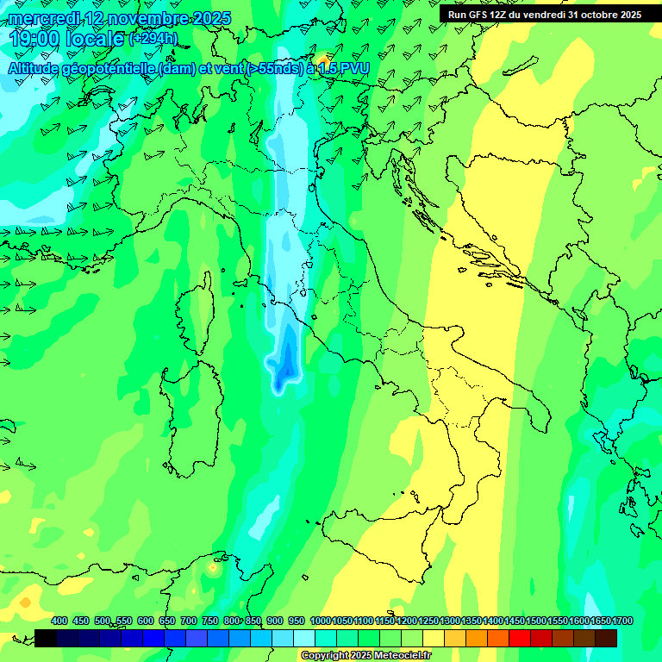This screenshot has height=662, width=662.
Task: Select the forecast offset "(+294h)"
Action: pyautogui.click(x=154, y=39)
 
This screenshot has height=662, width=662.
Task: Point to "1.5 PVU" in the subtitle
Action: pyautogui.click(x=344, y=67)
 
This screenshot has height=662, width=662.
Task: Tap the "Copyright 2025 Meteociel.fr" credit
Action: pyautogui.click(x=365, y=656)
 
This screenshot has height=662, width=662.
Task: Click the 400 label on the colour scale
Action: pyautogui.click(x=59, y=621)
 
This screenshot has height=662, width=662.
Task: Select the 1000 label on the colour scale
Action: pyautogui.click(x=320, y=621)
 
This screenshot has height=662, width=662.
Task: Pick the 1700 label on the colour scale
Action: pyautogui.click(x=600, y=621)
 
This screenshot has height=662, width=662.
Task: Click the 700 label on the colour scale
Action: pyautogui.click(x=189, y=621)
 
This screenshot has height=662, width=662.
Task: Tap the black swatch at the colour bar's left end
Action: pyautogui.click(x=46, y=638)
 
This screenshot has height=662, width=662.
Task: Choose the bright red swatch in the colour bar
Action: pyautogui.click(x=520, y=638)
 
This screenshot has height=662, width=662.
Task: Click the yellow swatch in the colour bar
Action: pyautogui.click(x=434, y=638)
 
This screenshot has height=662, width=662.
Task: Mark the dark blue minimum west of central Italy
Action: pyautogui.click(x=283, y=371)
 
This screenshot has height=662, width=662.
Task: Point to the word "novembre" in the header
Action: pyautogui.click(x=139, y=18)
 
